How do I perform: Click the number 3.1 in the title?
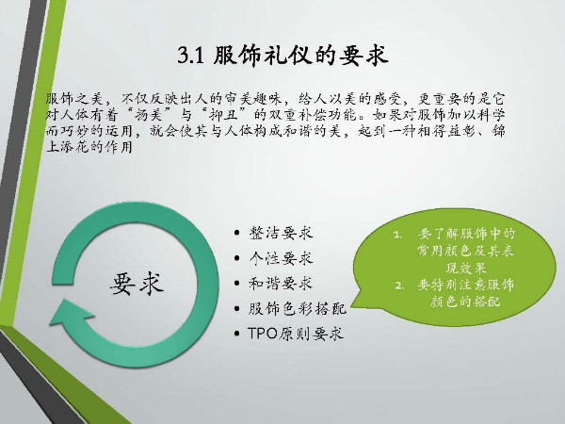click(191, 56)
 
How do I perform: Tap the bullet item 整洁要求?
click(281, 233)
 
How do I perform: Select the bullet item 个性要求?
click(281, 258)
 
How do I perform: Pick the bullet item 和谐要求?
click(281, 284)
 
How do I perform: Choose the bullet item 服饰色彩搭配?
click(297, 309)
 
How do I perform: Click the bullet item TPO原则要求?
click(296, 334)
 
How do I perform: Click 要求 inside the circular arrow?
click(137, 284)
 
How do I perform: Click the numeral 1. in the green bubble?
click(397, 235)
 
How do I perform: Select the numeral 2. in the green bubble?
click(398, 285)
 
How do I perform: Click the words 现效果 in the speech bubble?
click(466, 268)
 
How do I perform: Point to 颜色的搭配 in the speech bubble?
click(465, 302)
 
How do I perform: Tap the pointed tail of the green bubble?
click(351, 307)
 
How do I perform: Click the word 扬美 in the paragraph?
click(148, 115)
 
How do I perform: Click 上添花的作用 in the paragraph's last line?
click(89, 147)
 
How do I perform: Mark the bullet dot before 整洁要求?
click(236, 233)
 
